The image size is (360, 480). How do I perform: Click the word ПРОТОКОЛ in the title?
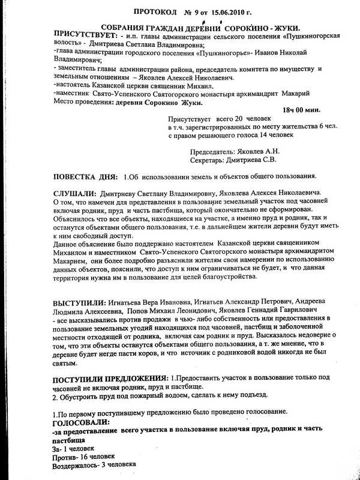coord(156,11)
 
